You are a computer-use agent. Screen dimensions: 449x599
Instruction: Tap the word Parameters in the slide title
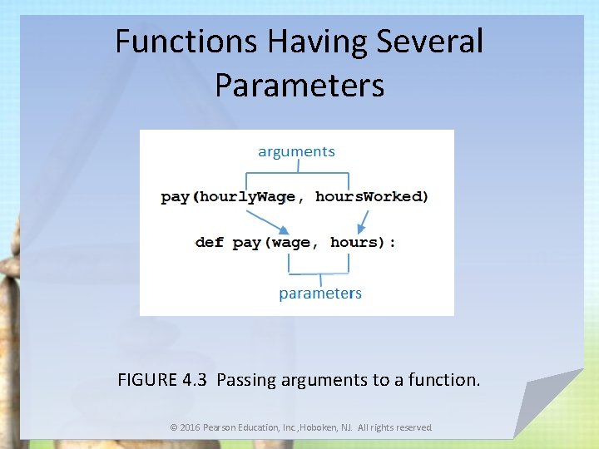pos(299,84)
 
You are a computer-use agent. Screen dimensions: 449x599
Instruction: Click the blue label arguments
pos(296,151)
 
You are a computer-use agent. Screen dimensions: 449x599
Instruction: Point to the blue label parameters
pos(320,294)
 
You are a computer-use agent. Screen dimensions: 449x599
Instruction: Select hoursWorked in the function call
pos(369,197)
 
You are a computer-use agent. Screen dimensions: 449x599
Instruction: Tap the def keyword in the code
pos(210,243)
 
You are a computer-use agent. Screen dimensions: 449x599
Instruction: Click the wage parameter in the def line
pos(291,243)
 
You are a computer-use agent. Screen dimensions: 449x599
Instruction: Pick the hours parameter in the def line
pos(354,243)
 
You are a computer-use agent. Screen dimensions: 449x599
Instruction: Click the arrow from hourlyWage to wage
pos(269,220)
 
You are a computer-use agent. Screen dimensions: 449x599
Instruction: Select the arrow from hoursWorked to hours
pos(363,220)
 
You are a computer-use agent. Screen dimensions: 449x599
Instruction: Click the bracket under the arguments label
pos(297,174)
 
